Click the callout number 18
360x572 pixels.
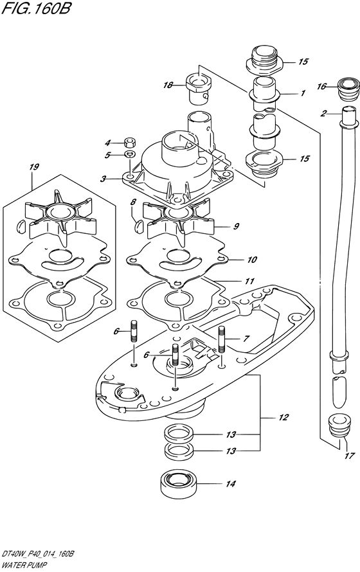tap(168, 85)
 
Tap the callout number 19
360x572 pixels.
tap(34, 167)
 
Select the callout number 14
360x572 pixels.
tap(231, 484)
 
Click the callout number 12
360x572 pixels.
tap(283, 417)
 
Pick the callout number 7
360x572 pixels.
tap(246, 339)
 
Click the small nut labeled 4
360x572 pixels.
tap(129, 141)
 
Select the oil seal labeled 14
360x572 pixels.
tap(178, 484)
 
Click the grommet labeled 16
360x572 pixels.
tap(347, 88)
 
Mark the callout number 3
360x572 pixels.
tap(104, 179)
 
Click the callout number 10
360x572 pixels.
tap(252, 260)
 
